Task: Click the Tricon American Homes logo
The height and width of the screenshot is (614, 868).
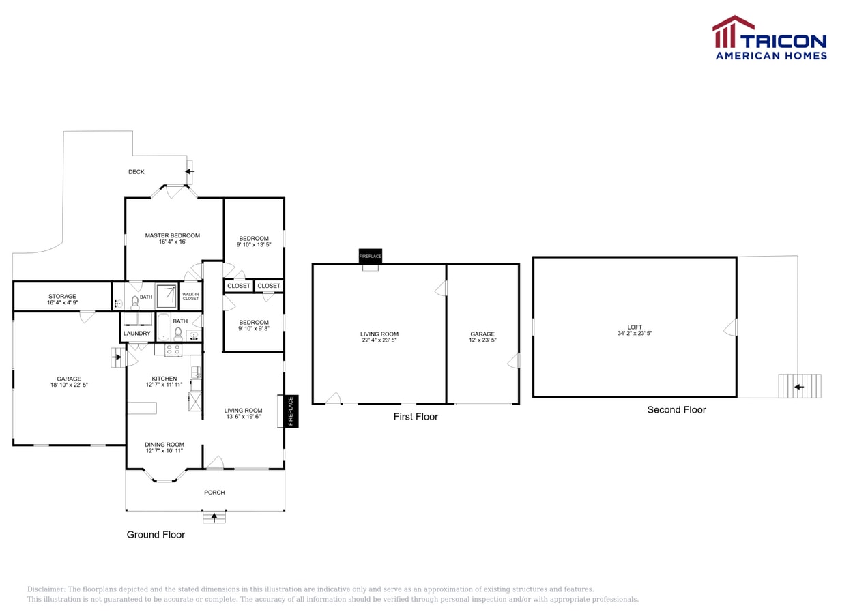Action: click(769, 38)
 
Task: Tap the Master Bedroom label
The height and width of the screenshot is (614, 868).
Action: click(172, 236)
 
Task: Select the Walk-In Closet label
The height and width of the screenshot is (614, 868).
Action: click(190, 296)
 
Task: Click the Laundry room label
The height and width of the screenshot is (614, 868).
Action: click(136, 334)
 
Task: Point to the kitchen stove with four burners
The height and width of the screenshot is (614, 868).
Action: click(173, 350)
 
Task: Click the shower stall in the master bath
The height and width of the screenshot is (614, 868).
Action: click(167, 296)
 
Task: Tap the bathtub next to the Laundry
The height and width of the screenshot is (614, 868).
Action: click(163, 327)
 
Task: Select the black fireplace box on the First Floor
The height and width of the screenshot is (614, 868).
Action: click(371, 256)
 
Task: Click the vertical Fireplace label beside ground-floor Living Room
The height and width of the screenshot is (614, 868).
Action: click(291, 411)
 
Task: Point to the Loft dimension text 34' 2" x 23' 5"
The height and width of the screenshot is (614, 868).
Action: click(635, 334)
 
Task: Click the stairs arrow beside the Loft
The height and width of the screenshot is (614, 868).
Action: click(799, 387)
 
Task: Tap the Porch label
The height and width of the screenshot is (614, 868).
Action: click(214, 493)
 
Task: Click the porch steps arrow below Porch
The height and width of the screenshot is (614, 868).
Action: click(214, 518)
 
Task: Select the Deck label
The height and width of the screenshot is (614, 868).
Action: click(136, 172)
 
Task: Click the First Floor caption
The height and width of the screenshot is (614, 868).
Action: click(416, 416)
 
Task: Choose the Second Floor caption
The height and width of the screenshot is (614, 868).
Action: click(676, 409)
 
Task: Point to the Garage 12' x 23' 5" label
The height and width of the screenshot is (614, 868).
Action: click(482, 337)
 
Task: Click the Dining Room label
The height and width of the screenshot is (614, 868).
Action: click(164, 448)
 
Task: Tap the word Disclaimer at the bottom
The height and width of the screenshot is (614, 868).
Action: click(46, 589)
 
